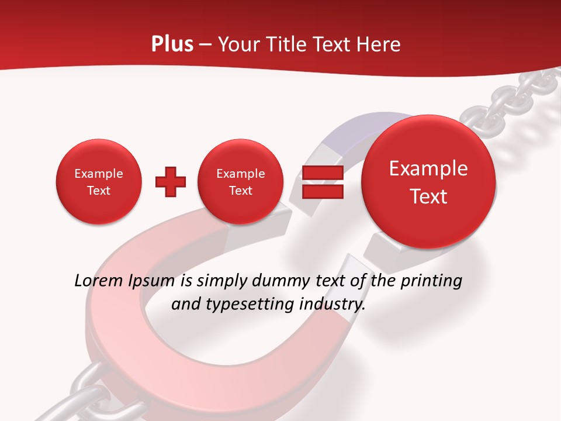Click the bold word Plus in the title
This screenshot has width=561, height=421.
tap(172, 44)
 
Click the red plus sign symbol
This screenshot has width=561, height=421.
tap(171, 182)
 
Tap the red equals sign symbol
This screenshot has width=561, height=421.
tap(322, 182)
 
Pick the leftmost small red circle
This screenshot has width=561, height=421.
tap(98, 182)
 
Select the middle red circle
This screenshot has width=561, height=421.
tap(240, 182)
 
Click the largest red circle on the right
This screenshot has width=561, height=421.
tap(428, 182)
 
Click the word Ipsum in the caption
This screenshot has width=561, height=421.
tap(151, 281)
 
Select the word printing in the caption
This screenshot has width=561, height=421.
tap(431, 281)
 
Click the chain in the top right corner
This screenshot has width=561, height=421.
tap(514, 96)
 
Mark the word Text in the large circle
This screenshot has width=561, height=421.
tap(428, 196)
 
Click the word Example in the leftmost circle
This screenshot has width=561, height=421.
tap(98, 174)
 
